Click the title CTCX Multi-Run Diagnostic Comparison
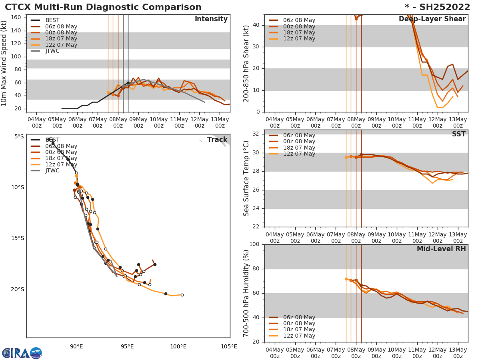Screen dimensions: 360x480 tap(103, 7)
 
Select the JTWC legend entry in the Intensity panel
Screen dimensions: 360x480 tap(52, 51)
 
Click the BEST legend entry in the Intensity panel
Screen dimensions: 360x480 tap(52, 20)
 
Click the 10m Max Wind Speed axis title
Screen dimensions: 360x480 tap(4, 63)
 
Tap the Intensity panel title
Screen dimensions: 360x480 tap(211, 19)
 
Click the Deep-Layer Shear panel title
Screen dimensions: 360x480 tap(432, 19)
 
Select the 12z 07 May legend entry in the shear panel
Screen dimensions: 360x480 tap(299, 39)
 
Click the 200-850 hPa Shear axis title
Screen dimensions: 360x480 tap(246, 63)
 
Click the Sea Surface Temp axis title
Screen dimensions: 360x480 tap(246, 178)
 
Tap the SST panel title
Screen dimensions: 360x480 tap(458, 134)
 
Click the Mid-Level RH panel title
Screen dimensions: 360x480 tap(441, 249)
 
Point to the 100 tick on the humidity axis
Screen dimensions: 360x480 tap(254, 244)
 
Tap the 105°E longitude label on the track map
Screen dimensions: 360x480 tap(229, 347)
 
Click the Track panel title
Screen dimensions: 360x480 tap(217, 140)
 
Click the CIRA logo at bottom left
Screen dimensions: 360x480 tap(22, 353)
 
